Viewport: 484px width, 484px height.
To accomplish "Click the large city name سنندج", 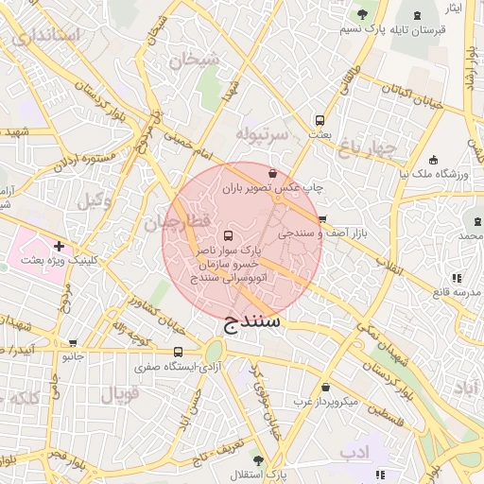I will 253,324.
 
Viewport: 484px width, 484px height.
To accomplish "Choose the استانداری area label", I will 45,36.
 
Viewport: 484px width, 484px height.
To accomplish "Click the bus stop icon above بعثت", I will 320,120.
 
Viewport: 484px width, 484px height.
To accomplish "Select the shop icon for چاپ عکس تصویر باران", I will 273,174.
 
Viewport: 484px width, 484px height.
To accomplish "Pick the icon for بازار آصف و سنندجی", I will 321,218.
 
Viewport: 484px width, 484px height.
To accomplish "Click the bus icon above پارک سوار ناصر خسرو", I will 226,234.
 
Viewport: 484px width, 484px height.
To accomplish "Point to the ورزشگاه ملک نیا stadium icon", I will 433,160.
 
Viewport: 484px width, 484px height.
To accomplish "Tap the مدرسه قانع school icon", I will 456,277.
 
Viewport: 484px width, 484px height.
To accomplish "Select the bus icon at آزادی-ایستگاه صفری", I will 178,352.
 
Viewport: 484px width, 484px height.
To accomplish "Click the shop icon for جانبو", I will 74,344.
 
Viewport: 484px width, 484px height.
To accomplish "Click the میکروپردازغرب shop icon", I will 326,388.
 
